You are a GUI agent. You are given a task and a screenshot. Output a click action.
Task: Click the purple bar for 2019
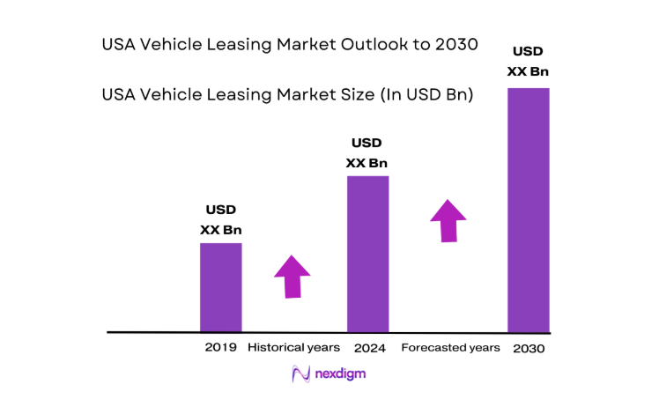point(220,286)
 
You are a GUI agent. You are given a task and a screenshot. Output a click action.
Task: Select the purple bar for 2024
point(367,254)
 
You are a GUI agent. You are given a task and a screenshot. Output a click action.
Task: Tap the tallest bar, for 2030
point(528,210)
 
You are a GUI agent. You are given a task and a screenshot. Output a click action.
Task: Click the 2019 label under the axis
point(220,348)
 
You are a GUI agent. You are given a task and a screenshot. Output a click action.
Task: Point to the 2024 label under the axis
point(370,348)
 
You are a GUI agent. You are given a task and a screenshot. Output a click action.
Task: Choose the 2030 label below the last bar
point(528,349)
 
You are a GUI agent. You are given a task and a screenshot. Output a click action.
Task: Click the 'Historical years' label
point(293,348)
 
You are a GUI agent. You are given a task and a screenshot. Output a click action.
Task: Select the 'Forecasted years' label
point(450,348)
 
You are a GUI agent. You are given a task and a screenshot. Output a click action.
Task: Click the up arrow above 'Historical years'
point(292,277)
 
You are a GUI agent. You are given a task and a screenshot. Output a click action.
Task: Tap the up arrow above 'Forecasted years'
point(449,220)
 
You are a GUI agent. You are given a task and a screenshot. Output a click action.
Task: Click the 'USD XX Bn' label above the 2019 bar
point(220,220)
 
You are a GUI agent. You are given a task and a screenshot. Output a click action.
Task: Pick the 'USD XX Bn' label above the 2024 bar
point(367,152)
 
